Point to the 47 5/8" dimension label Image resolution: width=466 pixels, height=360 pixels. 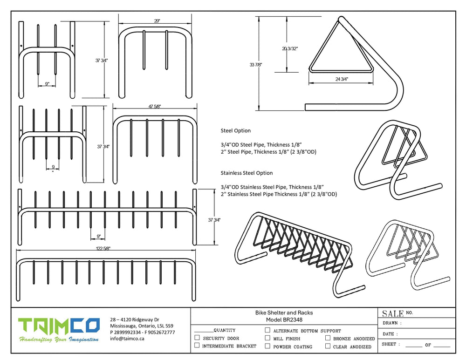pyautogui.click(x=155, y=107)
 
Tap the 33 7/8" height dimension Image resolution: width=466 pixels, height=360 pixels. pyautogui.click(x=256, y=65)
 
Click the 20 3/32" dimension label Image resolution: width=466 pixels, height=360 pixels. pyautogui.click(x=290, y=48)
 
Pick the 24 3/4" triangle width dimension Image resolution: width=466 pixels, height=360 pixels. pyautogui.click(x=342, y=79)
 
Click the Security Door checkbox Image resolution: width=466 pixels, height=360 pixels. pyautogui.click(x=197, y=338)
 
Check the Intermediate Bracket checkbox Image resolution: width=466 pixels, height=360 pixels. pyautogui.click(x=197, y=346)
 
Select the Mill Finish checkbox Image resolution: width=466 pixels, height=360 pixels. pyautogui.click(x=267, y=338)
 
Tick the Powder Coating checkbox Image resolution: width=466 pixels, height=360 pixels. pyautogui.click(x=267, y=346)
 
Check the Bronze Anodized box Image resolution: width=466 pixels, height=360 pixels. pyautogui.click(x=328, y=338)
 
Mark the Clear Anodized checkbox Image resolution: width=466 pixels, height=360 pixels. pyautogui.click(x=328, y=346)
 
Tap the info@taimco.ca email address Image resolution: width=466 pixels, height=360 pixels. pyautogui.click(x=127, y=339)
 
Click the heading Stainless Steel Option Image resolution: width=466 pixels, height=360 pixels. pyautogui.click(x=247, y=173)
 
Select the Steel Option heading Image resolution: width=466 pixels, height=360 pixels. pyautogui.click(x=235, y=130)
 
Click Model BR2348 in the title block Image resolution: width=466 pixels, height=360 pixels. pyautogui.click(x=284, y=320)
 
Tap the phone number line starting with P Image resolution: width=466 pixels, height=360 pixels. pyautogui.click(x=142, y=333)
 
